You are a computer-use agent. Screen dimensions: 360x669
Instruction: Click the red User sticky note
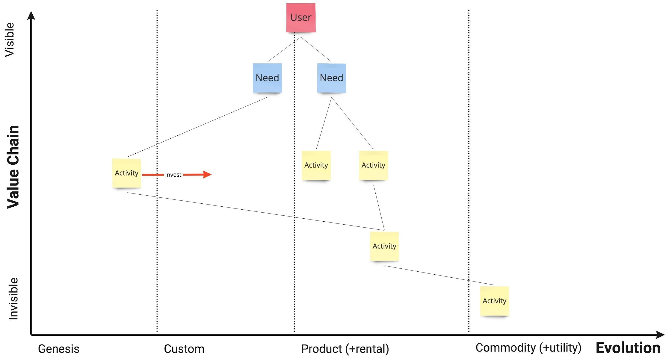(x=301, y=18)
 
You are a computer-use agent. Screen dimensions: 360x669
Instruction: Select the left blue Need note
(x=267, y=78)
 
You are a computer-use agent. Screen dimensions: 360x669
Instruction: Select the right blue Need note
(x=331, y=78)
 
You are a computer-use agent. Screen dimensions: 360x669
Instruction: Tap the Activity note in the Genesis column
(x=127, y=173)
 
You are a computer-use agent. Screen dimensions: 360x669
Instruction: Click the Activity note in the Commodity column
(x=494, y=301)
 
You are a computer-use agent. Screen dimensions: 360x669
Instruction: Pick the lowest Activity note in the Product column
(x=384, y=246)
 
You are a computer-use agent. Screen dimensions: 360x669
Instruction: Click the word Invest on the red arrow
(x=173, y=175)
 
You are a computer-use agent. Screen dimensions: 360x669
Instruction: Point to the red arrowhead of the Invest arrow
(x=207, y=175)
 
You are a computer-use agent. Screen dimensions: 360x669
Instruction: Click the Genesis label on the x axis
(x=59, y=349)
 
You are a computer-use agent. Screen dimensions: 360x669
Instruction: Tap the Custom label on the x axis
(x=184, y=349)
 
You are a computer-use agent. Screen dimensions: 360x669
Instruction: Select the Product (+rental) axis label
(x=345, y=349)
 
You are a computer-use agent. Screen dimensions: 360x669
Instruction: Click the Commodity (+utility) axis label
(x=528, y=348)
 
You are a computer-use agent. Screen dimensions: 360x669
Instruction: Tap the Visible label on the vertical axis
(x=10, y=39)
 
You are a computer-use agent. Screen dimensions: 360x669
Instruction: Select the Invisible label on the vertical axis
(x=13, y=299)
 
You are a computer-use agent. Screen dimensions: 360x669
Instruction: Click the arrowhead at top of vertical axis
(x=31, y=15)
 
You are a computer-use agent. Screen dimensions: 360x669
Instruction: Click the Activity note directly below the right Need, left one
(x=316, y=165)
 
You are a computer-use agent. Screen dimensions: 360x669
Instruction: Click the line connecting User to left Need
(x=284, y=50)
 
